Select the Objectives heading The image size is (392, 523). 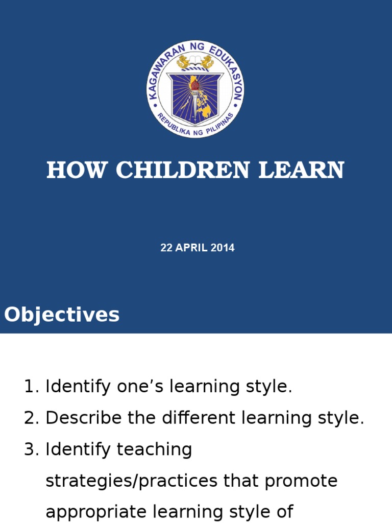point(62,315)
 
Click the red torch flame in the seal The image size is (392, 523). point(194,84)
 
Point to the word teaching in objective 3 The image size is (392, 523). point(154,450)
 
